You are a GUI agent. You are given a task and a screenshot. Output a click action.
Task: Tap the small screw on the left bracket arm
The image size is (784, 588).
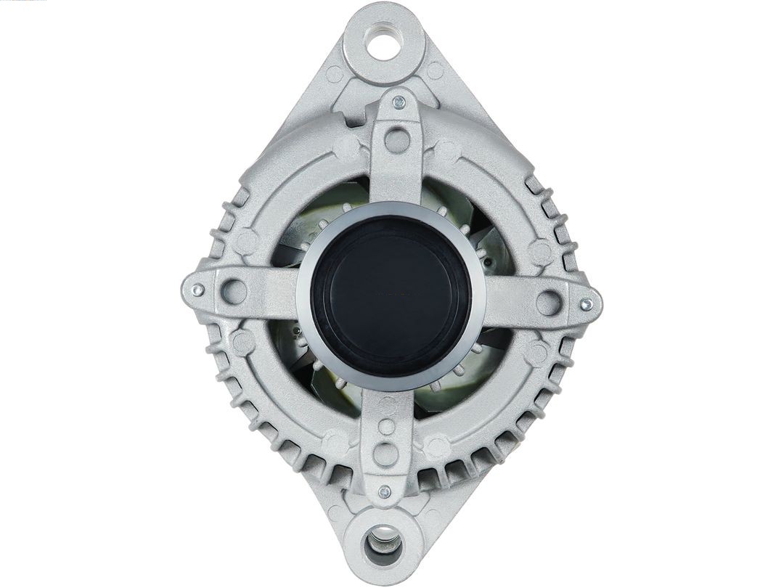coord(196,290)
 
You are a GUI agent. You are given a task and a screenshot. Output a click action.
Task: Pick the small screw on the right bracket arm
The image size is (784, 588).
coord(587,303)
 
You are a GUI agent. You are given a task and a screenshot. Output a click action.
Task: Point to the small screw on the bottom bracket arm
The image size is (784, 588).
coord(385,491)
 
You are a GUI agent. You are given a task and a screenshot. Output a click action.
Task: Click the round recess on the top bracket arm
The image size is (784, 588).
coord(397,140)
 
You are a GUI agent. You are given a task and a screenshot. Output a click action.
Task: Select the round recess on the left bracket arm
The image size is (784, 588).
coord(233,291)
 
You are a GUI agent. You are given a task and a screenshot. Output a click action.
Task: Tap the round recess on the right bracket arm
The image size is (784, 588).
coord(550,302)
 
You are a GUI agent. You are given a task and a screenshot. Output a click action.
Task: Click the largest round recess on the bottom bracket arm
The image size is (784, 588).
coord(385,454)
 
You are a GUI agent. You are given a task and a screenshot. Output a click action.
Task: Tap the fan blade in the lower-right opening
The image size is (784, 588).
coord(465,377)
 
